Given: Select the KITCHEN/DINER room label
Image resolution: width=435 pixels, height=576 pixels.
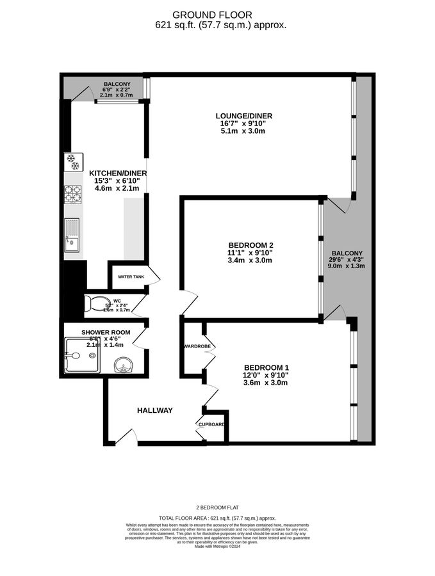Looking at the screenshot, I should (x=118, y=173).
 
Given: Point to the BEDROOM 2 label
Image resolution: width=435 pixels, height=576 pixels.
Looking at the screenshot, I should (x=251, y=245).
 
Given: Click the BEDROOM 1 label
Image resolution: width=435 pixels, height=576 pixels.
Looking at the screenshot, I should (x=265, y=367).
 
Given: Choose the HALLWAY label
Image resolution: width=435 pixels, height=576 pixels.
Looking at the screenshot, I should (x=154, y=410).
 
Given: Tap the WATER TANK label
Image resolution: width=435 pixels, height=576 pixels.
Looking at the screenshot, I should (x=131, y=277).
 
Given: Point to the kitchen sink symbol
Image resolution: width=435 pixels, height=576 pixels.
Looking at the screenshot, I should (x=72, y=234).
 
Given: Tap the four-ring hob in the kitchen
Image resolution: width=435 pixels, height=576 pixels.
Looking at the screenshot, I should (x=72, y=194).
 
